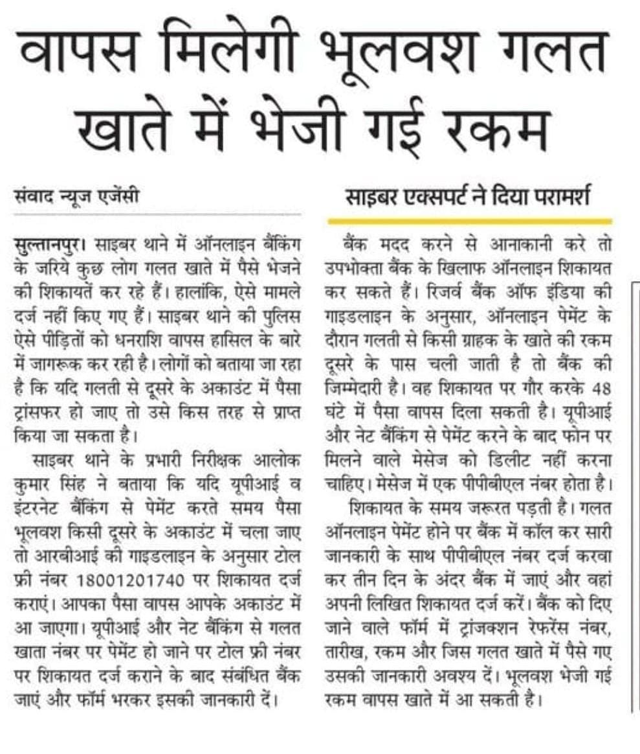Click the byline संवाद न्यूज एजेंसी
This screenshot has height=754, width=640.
78,194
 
